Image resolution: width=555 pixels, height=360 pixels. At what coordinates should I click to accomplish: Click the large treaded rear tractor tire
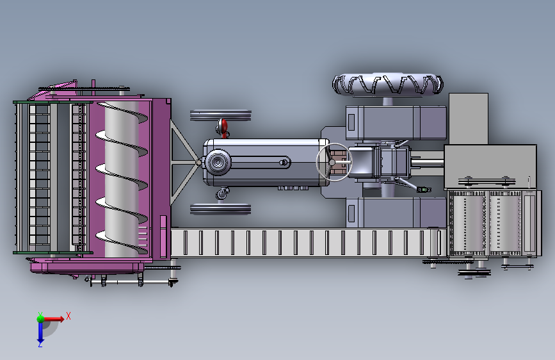point(387,85)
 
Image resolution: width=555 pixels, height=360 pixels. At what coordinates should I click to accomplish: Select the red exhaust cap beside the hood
point(223,126)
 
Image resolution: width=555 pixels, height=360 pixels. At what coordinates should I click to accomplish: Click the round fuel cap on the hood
point(218,162)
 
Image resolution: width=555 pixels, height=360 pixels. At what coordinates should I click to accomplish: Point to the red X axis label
point(68,316)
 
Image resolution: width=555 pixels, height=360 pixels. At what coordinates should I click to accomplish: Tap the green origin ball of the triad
point(40,319)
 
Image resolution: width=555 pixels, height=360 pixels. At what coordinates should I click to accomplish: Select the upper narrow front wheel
point(220,115)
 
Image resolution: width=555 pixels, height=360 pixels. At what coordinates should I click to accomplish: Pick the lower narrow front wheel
point(220,209)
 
